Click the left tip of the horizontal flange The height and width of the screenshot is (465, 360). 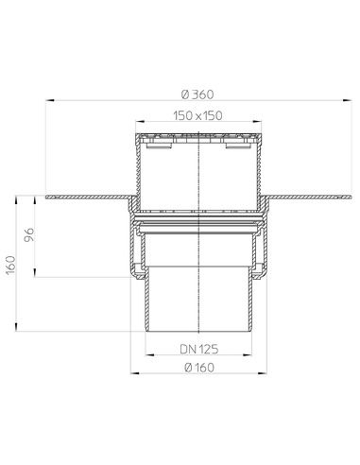coord(47,196)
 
